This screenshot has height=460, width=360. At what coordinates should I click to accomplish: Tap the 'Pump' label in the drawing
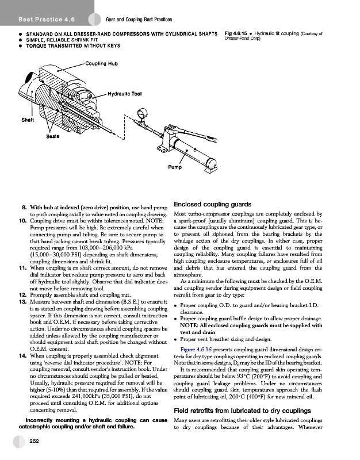pos(175,167)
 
